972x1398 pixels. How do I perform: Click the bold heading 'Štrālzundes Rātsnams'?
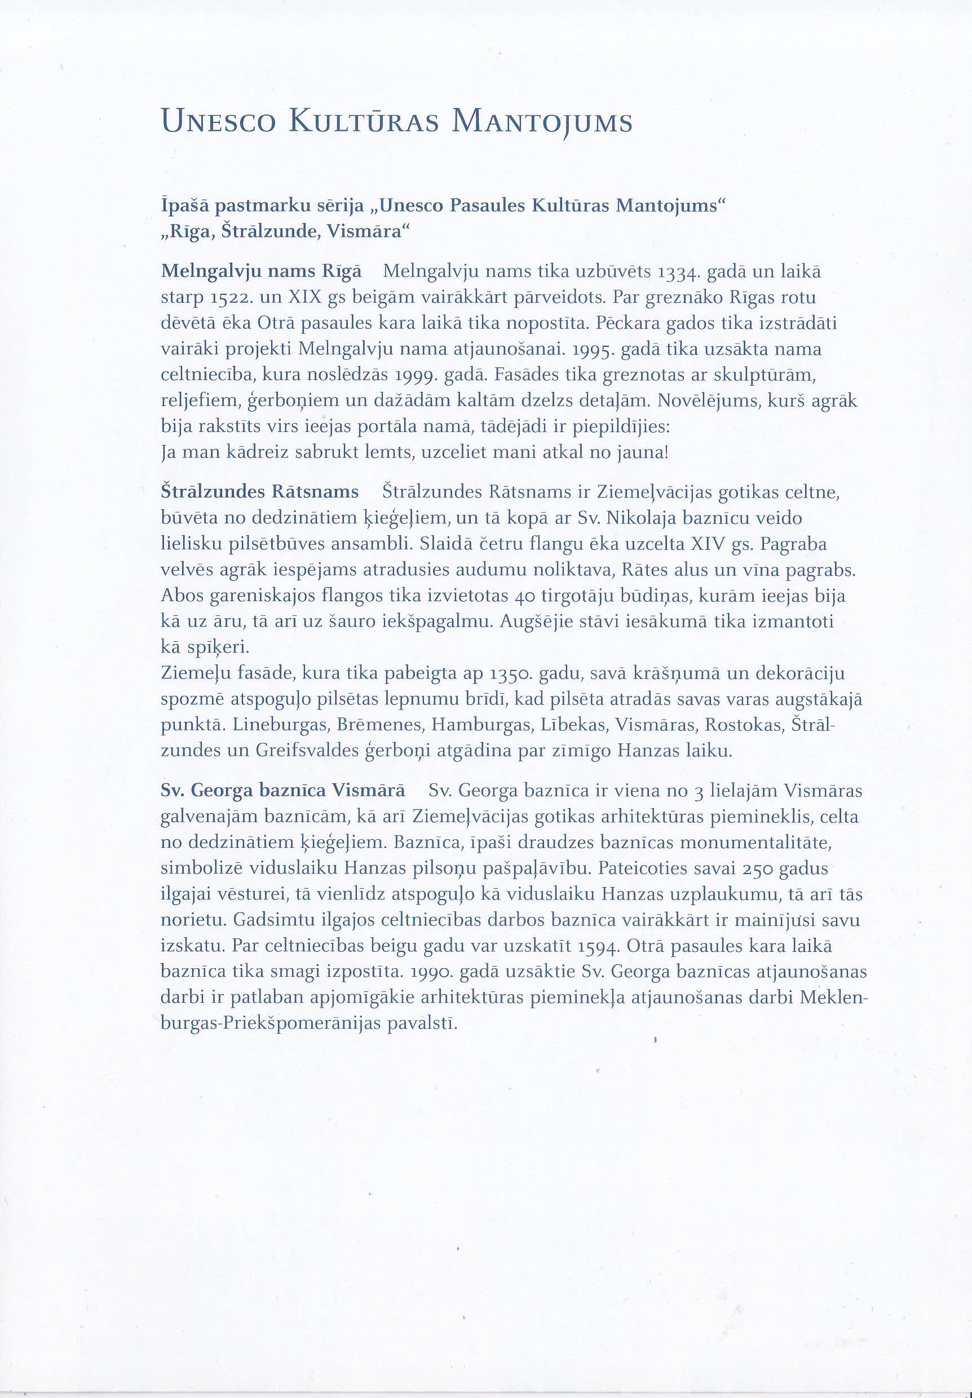click(260, 491)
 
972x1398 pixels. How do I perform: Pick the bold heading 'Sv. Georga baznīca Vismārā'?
click(282, 790)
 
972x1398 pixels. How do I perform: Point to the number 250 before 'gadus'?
click(772, 868)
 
